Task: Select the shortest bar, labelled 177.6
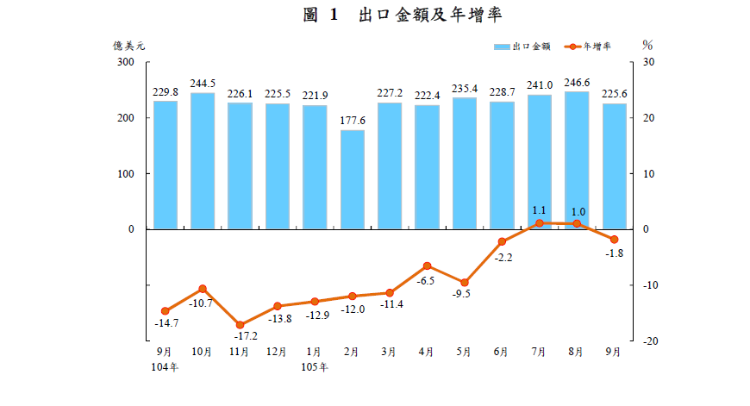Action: click(x=352, y=179)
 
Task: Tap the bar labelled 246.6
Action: click(x=577, y=160)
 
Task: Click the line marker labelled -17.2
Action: click(x=240, y=325)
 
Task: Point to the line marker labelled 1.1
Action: click(x=539, y=223)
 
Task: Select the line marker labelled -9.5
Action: click(x=464, y=282)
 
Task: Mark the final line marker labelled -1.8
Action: click(x=614, y=240)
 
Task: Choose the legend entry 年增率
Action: click(x=597, y=45)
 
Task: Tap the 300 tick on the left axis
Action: click(x=126, y=63)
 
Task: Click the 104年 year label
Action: click(x=165, y=367)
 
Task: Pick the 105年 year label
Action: click(x=315, y=367)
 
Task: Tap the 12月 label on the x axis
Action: click(x=277, y=352)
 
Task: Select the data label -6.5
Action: click(x=427, y=281)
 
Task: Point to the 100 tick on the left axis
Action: click(x=126, y=174)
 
